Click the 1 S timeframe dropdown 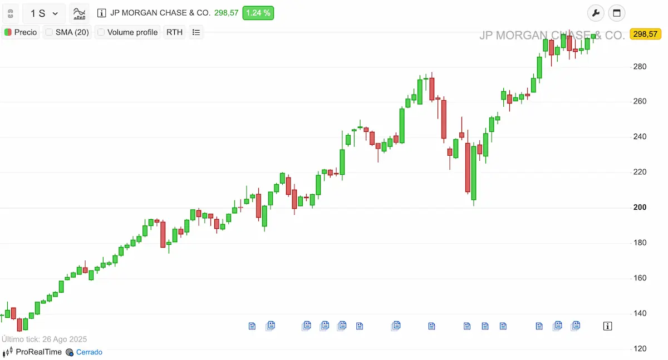[44, 13]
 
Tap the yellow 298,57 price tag [645, 34]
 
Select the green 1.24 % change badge [258, 13]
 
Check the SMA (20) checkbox [49, 32]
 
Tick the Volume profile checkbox [101, 32]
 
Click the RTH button [174, 32]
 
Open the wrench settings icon [596, 13]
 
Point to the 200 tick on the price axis [640, 208]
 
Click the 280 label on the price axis [640, 67]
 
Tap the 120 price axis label [640, 349]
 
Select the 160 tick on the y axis [640, 278]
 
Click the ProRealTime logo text [38, 352]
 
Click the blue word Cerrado [89, 352]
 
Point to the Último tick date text [44, 339]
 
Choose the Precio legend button [21, 32]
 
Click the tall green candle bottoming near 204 [474, 172]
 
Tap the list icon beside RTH [196, 32]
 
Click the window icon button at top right [617, 13]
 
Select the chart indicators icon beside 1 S [80, 13]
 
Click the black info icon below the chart [608, 326]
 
